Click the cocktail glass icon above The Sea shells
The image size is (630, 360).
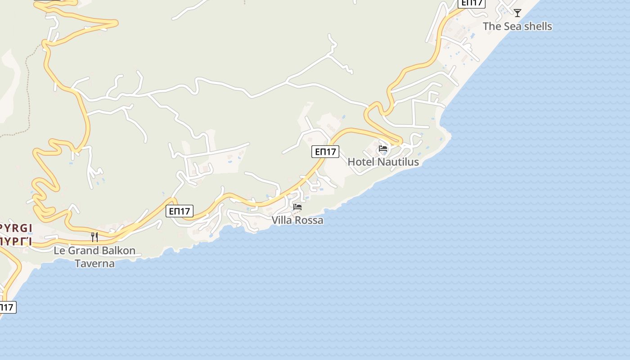(517, 13)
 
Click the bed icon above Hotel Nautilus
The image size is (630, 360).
(383, 148)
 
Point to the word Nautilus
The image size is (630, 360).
(398, 162)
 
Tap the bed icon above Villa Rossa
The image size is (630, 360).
(297, 207)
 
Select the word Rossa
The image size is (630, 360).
(309, 220)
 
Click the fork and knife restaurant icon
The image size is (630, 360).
(94, 237)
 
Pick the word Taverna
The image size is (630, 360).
(94, 264)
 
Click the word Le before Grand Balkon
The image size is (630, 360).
(59, 251)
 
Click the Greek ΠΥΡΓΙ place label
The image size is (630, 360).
(15, 241)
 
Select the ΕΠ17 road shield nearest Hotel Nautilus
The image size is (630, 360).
(325, 152)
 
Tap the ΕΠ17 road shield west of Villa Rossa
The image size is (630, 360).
(180, 211)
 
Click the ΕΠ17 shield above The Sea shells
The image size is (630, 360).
(472, 3)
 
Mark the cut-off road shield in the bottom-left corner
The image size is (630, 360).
(7, 307)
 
